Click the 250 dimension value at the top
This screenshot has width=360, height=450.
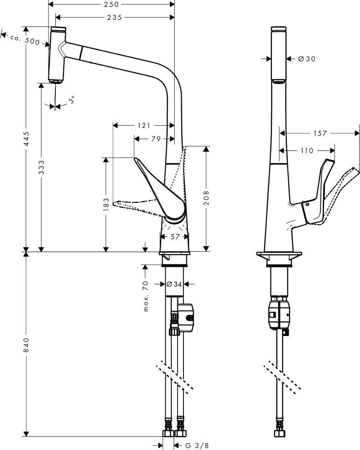(111, 5)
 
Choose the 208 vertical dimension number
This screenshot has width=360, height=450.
(205, 197)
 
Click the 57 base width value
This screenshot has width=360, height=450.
(175, 236)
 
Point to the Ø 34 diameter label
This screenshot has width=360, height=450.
(174, 283)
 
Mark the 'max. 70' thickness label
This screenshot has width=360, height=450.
(146, 296)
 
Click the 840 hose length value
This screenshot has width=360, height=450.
(27, 344)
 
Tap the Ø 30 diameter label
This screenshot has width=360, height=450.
(306, 59)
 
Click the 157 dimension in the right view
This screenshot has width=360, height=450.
(319, 133)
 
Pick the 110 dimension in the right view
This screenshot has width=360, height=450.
(307, 150)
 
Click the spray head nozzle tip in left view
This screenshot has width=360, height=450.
(56, 82)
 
